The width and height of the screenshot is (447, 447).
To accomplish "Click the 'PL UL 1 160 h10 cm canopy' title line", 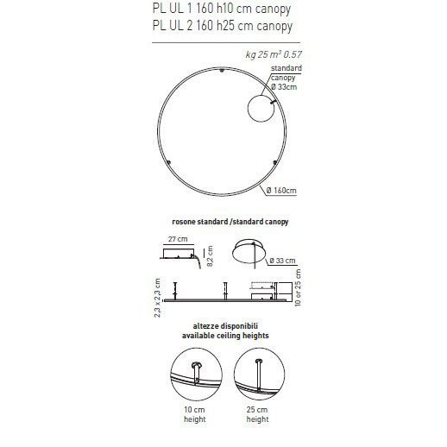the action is click(222, 9).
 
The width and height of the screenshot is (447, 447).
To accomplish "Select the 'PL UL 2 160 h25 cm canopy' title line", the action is click(223, 26).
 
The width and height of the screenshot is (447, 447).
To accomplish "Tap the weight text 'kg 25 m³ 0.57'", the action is click(274, 54).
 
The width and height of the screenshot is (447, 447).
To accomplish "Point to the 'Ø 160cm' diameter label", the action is click(281, 191).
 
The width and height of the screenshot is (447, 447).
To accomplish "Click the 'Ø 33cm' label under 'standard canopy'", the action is click(284, 87).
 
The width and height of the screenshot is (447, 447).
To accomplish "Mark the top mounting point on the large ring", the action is click(222, 70).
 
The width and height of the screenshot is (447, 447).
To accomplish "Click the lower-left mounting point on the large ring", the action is click(168, 163).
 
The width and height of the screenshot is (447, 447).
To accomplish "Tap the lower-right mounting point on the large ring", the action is click(274, 163).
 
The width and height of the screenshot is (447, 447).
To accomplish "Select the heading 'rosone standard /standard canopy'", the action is click(230, 222).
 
